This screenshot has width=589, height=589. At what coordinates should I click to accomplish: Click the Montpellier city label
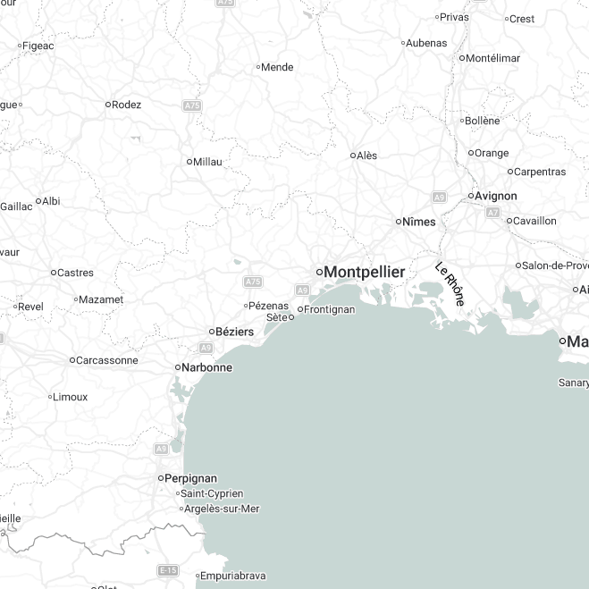(364, 272)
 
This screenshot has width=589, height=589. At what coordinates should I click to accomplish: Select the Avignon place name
(496, 196)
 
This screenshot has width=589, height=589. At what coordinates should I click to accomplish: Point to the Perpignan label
(192, 478)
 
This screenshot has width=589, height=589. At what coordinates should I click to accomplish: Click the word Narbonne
(207, 367)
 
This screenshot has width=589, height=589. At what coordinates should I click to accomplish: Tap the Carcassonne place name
(107, 360)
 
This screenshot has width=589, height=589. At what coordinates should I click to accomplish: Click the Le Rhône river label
(450, 284)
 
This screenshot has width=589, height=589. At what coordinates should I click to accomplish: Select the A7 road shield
(492, 213)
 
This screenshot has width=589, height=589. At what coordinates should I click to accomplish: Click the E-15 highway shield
(167, 569)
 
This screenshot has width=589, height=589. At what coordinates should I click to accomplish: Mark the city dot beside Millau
(189, 162)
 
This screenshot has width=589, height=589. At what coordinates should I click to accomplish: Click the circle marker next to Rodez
(108, 105)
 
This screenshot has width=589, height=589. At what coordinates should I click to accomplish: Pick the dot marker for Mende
(258, 67)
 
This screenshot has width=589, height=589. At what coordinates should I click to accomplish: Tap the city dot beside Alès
(353, 156)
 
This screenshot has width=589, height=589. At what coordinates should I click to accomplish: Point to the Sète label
(277, 317)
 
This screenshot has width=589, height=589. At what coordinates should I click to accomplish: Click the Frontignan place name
(330, 309)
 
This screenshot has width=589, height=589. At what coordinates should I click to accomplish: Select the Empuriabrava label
(233, 576)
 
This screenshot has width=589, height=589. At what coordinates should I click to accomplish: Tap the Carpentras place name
(540, 172)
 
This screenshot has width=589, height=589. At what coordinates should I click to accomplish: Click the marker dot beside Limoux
(50, 397)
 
